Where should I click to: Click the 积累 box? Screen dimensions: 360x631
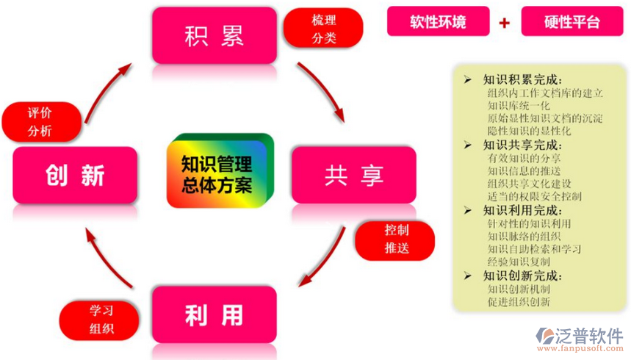214,35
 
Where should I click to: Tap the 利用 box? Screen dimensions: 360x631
214,315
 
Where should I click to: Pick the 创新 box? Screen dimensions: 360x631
75,176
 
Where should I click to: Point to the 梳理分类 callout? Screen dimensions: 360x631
324,29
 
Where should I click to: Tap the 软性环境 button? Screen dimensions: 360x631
438,21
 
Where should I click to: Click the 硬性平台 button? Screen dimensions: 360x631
571,21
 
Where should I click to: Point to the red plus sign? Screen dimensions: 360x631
505,22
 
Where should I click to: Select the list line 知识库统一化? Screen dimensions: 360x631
518,105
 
